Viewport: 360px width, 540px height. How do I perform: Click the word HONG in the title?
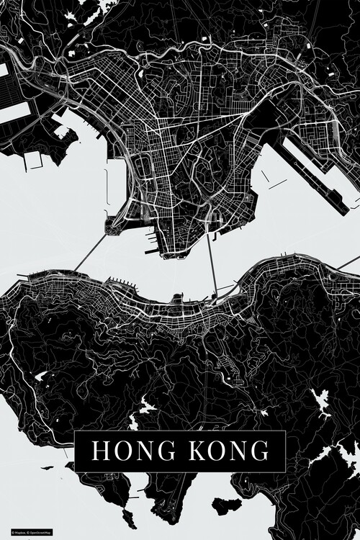click(127, 451)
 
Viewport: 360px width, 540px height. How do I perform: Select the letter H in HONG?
click(100, 451)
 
